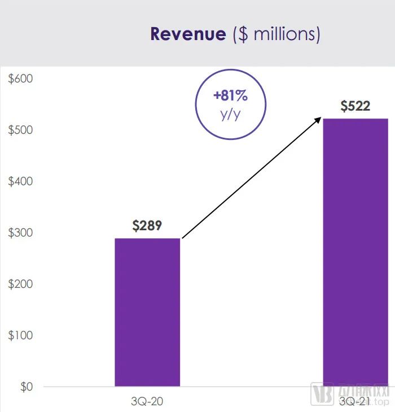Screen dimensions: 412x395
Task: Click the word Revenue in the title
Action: [188, 34]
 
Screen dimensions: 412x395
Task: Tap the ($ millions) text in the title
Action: [276, 34]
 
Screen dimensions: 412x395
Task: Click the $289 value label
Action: [147, 226]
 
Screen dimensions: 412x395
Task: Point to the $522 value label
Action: [355, 106]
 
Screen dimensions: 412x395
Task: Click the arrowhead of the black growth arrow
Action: [319, 119]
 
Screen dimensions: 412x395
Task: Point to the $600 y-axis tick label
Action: [21, 78]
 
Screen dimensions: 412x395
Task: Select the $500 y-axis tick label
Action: [21, 130]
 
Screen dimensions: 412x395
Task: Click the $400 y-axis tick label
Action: [21, 181]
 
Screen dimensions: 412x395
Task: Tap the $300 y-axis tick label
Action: [21, 233]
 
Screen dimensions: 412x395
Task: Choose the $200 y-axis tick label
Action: [21, 284]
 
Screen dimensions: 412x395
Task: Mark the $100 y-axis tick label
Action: [21, 335]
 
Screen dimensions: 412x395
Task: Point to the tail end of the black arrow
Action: [183, 238]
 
